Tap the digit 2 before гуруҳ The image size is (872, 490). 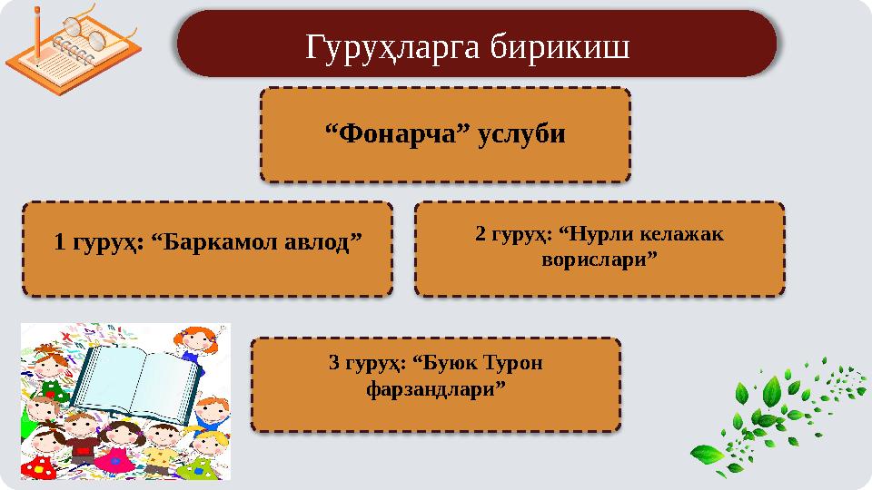481,234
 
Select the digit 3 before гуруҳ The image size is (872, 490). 333,364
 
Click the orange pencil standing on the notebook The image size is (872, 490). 38,27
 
